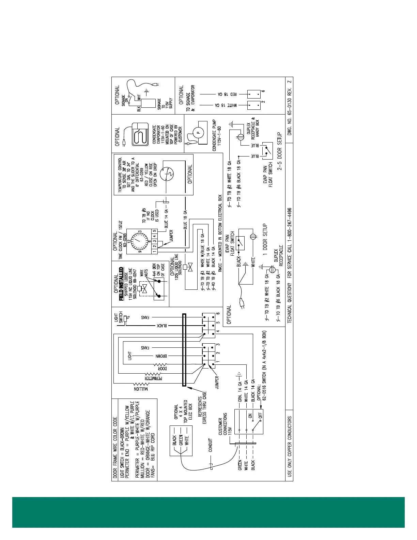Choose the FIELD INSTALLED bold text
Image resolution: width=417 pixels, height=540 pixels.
121,284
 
